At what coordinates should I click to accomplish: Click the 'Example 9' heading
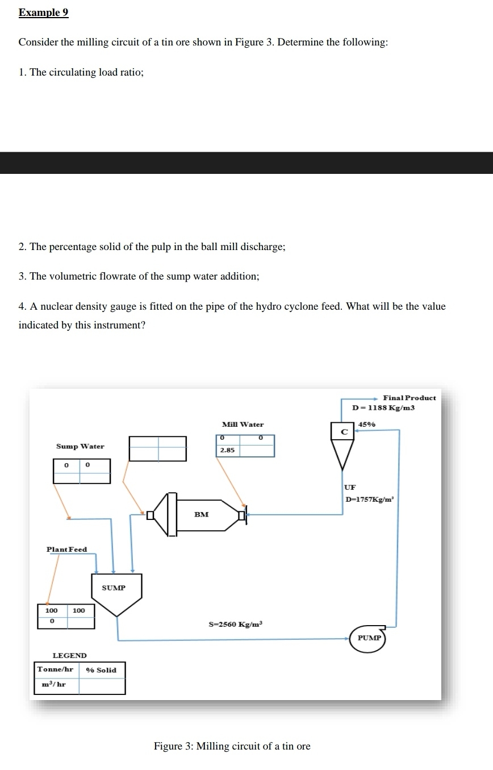point(43,13)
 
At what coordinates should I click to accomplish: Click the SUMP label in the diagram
point(114,588)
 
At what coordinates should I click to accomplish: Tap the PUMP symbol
point(369,638)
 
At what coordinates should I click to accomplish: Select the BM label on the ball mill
point(201,515)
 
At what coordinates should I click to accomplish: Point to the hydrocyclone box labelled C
point(344,432)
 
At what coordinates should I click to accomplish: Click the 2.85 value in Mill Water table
point(227,450)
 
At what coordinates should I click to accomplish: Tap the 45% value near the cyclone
point(366,424)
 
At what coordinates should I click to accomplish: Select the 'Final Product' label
point(410,398)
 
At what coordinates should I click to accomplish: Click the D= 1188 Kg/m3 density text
point(383,407)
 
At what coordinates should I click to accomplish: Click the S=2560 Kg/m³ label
point(236,625)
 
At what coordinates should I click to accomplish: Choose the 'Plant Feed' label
point(66,550)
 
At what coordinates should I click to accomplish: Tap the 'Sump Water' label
point(80,447)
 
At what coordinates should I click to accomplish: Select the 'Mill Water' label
point(243,424)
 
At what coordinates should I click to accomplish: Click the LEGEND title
point(69,656)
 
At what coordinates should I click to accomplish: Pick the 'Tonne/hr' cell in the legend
point(56,669)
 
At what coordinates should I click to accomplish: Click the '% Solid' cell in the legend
point(101,670)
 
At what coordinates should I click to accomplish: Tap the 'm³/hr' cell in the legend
point(54,684)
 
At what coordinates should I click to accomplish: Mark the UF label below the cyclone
point(350,488)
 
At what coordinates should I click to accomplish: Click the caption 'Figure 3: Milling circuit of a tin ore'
point(232,746)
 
